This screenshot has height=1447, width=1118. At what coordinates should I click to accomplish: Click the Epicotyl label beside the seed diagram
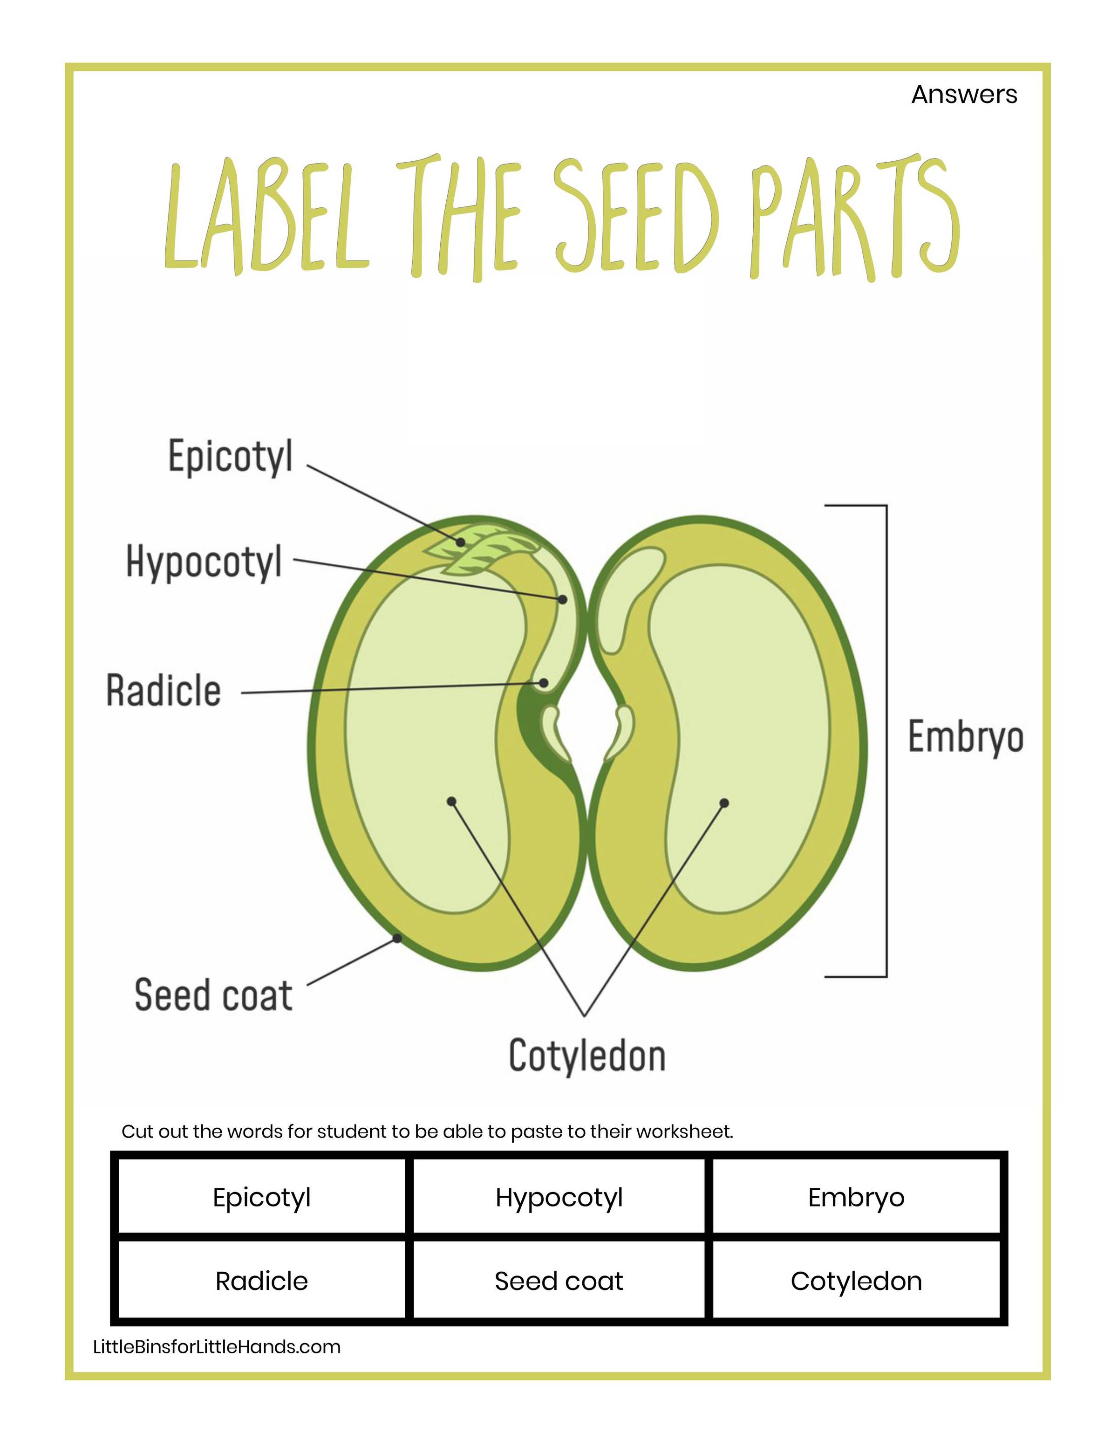point(230,457)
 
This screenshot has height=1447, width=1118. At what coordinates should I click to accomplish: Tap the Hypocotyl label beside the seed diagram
point(204,562)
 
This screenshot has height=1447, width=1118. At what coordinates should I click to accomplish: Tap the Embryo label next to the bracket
point(965,737)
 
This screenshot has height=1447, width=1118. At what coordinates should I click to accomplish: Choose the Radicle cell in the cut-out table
point(262,1282)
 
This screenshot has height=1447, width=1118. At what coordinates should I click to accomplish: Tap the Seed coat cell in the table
point(559,1282)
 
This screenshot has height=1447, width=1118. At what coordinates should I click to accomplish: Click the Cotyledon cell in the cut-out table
point(856,1282)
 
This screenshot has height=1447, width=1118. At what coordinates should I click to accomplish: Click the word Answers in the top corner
point(964,95)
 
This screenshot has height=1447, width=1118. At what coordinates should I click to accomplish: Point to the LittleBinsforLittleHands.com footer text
point(217,1347)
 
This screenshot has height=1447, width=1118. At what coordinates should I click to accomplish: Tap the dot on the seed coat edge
point(397,938)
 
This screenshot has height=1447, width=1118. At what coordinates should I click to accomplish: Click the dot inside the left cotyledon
point(452,801)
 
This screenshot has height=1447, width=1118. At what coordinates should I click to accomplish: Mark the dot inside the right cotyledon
point(724,803)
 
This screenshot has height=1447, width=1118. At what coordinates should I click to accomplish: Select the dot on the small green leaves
point(460,542)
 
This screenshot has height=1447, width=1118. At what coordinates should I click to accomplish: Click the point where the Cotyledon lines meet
point(584,1015)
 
